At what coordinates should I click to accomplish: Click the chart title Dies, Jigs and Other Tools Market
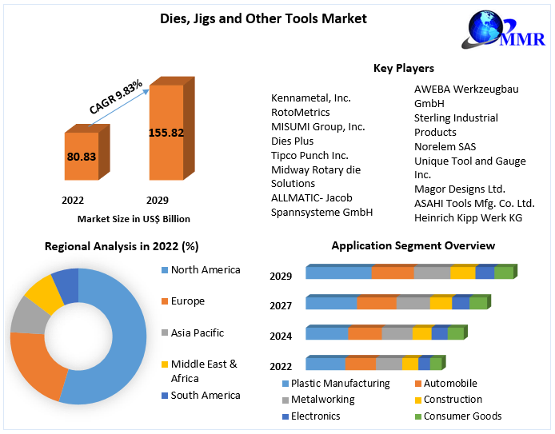[x=252, y=18]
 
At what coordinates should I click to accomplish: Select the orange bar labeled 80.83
[x=81, y=157]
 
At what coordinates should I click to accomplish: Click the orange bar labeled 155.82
[x=166, y=133]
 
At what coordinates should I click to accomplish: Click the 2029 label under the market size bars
[x=157, y=200]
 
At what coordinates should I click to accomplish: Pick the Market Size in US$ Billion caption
[x=134, y=218]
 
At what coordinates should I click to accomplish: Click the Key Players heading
[x=403, y=68]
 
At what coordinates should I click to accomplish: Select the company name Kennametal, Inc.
[x=311, y=98]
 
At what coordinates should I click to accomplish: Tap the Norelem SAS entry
[x=445, y=146]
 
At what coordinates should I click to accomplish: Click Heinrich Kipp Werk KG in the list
[x=468, y=218]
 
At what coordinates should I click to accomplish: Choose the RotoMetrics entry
[x=300, y=112]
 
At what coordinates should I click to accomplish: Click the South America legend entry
[x=205, y=395]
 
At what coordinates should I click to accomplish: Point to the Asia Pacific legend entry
[x=197, y=332]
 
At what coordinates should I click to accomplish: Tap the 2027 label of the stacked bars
[x=281, y=305]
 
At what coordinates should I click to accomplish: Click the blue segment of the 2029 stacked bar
[x=338, y=273]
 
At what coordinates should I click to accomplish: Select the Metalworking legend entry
[x=322, y=399]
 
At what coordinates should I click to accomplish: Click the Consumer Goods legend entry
[x=462, y=416]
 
